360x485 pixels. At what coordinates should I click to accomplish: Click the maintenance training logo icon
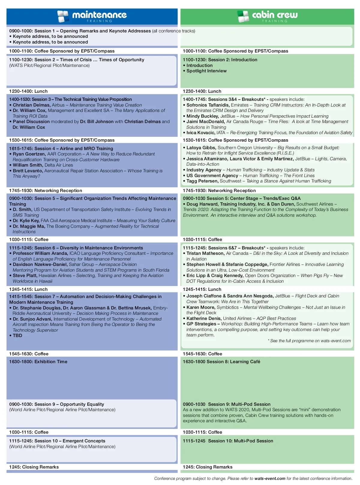coord(63,17)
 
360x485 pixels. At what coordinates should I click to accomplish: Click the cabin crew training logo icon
coord(243,17)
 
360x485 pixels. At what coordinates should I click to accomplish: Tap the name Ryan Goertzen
coord(29,154)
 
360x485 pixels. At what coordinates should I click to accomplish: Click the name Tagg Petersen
coord(202,181)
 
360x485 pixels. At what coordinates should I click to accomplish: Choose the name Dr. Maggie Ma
coord(29,226)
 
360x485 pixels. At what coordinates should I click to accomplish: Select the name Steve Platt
coord(25,276)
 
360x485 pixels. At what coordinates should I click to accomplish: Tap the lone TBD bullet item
coord(17,336)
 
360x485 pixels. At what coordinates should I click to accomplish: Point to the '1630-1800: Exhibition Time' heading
coord(38,362)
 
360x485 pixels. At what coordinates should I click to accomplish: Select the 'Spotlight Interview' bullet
coord(206,71)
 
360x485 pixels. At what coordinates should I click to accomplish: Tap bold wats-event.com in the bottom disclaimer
coord(270,478)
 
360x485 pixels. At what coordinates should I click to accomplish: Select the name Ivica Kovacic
coord(201,133)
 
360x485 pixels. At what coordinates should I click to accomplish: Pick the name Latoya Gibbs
coord(201,148)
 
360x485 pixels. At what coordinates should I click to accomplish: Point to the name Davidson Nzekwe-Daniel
coord(40,264)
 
